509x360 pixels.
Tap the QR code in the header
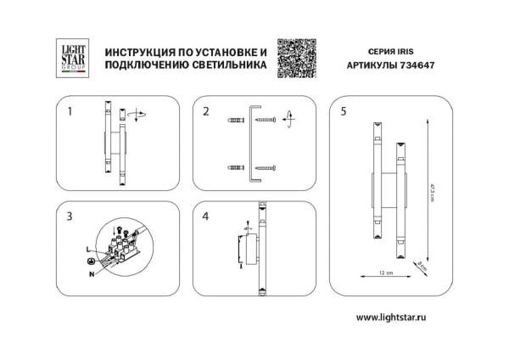point(297,57)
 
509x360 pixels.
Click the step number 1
point(70,111)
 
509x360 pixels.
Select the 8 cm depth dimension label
point(422,266)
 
